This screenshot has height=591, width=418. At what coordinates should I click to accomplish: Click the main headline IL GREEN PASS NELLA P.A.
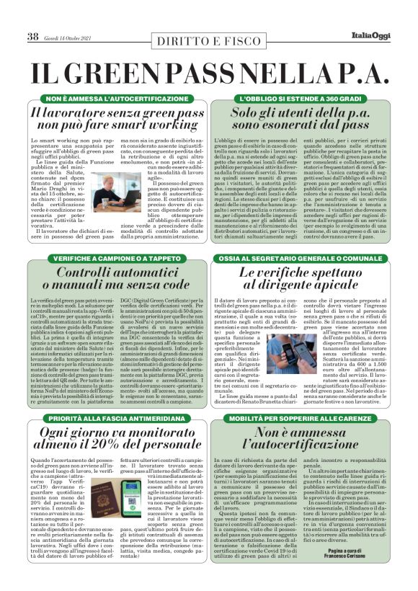click(x=208, y=73)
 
